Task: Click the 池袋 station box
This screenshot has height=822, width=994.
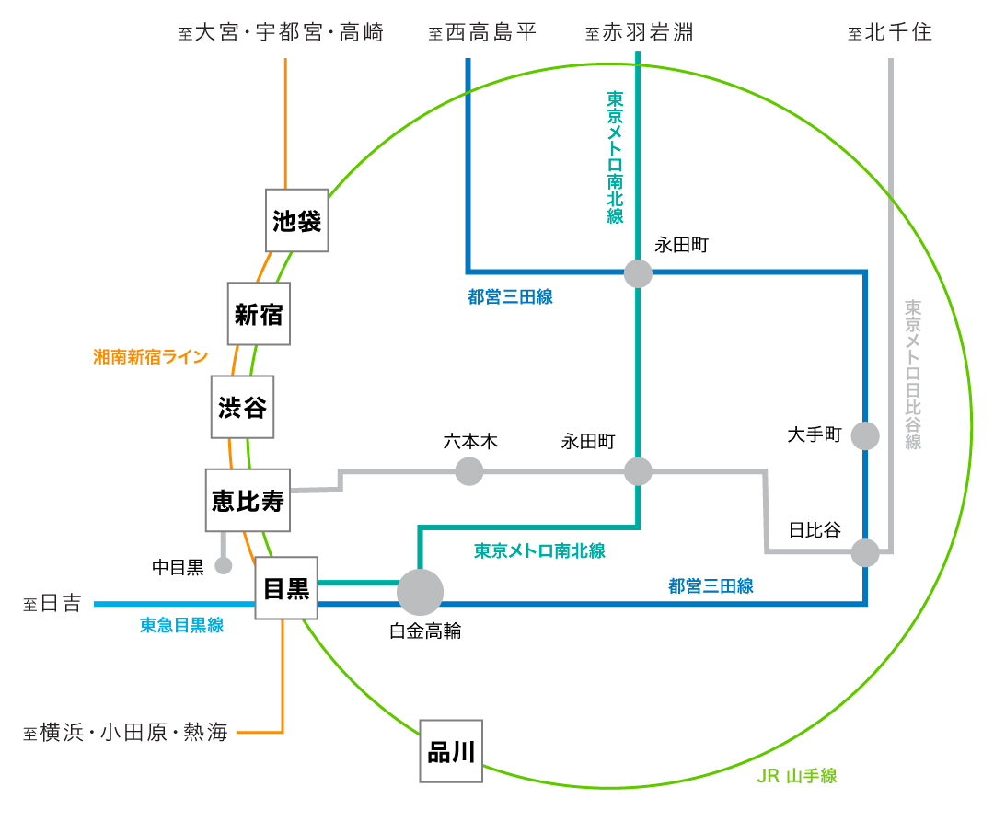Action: click(297, 221)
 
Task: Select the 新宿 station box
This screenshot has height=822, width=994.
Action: click(259, 314)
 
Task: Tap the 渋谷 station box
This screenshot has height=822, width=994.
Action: click(243, 407)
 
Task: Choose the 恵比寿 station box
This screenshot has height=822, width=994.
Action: click(248, 501)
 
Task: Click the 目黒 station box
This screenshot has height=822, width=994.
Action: click(286, 588)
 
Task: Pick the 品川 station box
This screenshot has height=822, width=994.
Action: click(451, 751)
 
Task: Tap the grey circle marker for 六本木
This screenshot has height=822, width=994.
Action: click(469, 471)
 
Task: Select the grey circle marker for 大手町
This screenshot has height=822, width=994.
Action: click(865, 435)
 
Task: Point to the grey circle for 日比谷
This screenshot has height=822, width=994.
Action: click(865, 552)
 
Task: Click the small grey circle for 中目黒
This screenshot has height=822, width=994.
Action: click(224, 565)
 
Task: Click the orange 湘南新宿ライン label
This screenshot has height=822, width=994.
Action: click(151, 357)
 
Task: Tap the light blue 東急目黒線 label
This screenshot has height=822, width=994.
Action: click(181, 626)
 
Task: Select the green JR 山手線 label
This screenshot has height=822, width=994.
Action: click(796, 776)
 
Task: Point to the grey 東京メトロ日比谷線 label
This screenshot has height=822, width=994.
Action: click(913, 374)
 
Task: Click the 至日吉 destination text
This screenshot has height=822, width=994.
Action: click(52, 604)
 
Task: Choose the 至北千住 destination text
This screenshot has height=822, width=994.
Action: click(890, 33)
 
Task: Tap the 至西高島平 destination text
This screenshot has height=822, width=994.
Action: click(482, 33)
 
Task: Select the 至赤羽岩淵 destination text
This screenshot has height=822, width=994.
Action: click(639, 33)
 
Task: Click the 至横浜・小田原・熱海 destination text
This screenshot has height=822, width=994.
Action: click(126, 733)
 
